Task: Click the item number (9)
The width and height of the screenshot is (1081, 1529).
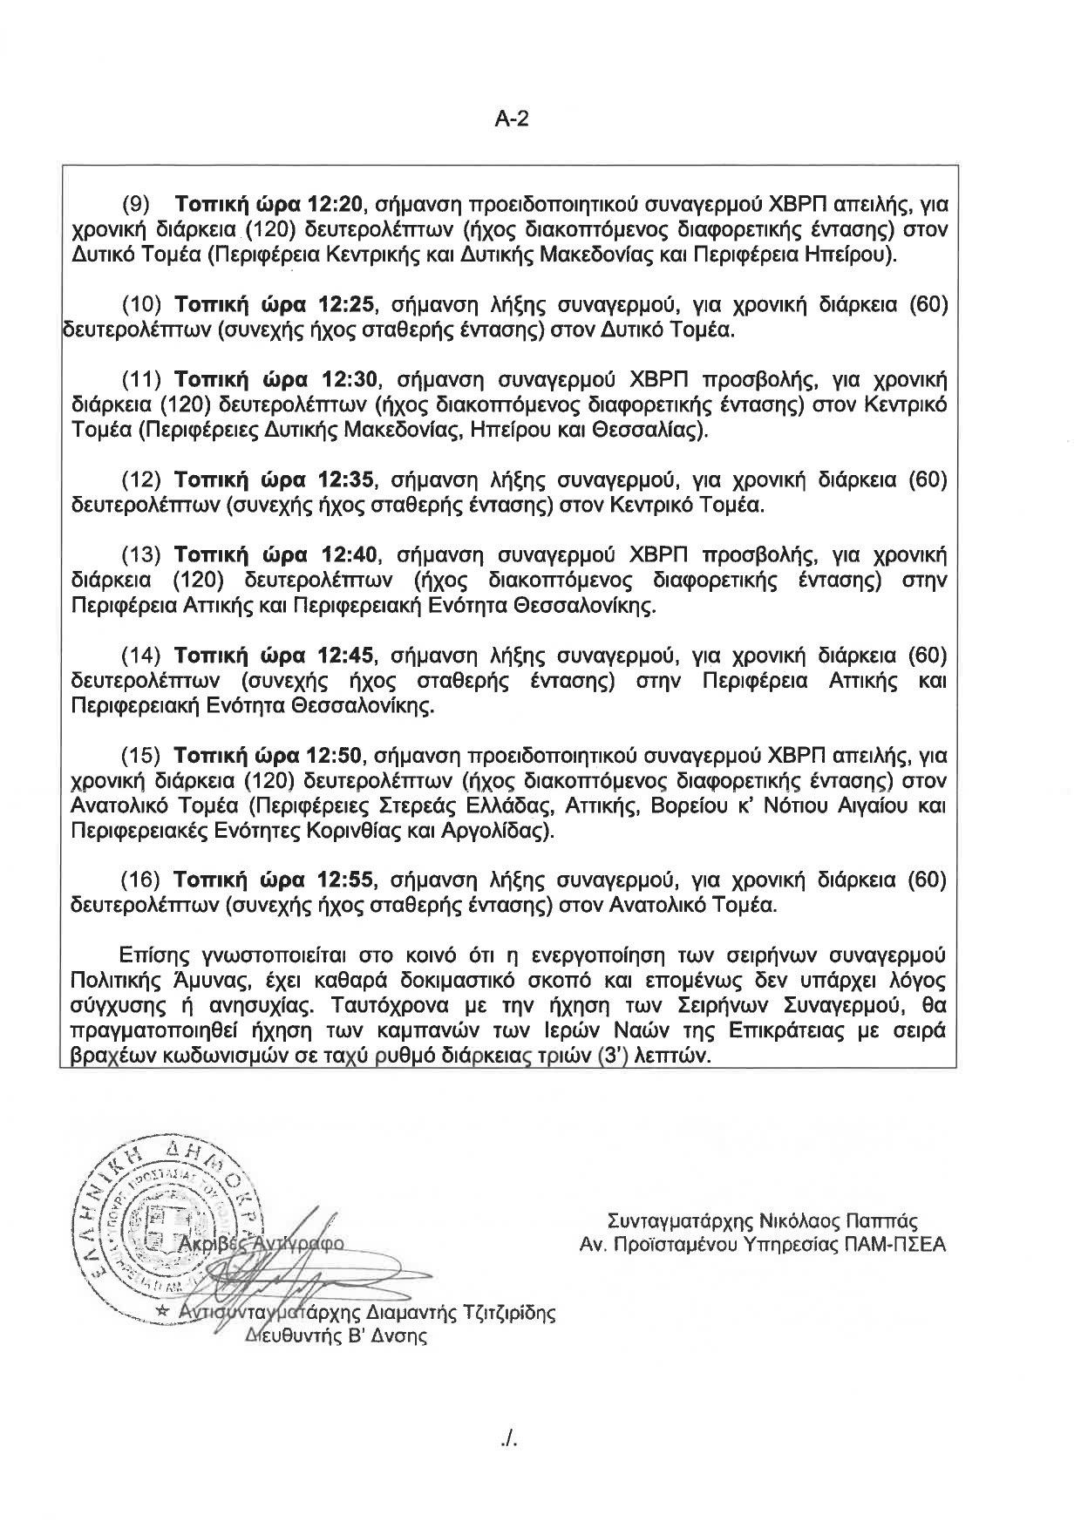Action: (136, 206)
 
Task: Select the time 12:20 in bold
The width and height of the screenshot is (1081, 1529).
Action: (335, 206)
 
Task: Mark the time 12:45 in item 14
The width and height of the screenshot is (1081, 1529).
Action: (347, 656)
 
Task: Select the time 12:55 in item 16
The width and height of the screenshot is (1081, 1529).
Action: (347, 880)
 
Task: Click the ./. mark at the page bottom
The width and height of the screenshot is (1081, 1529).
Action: (510, 1439)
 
